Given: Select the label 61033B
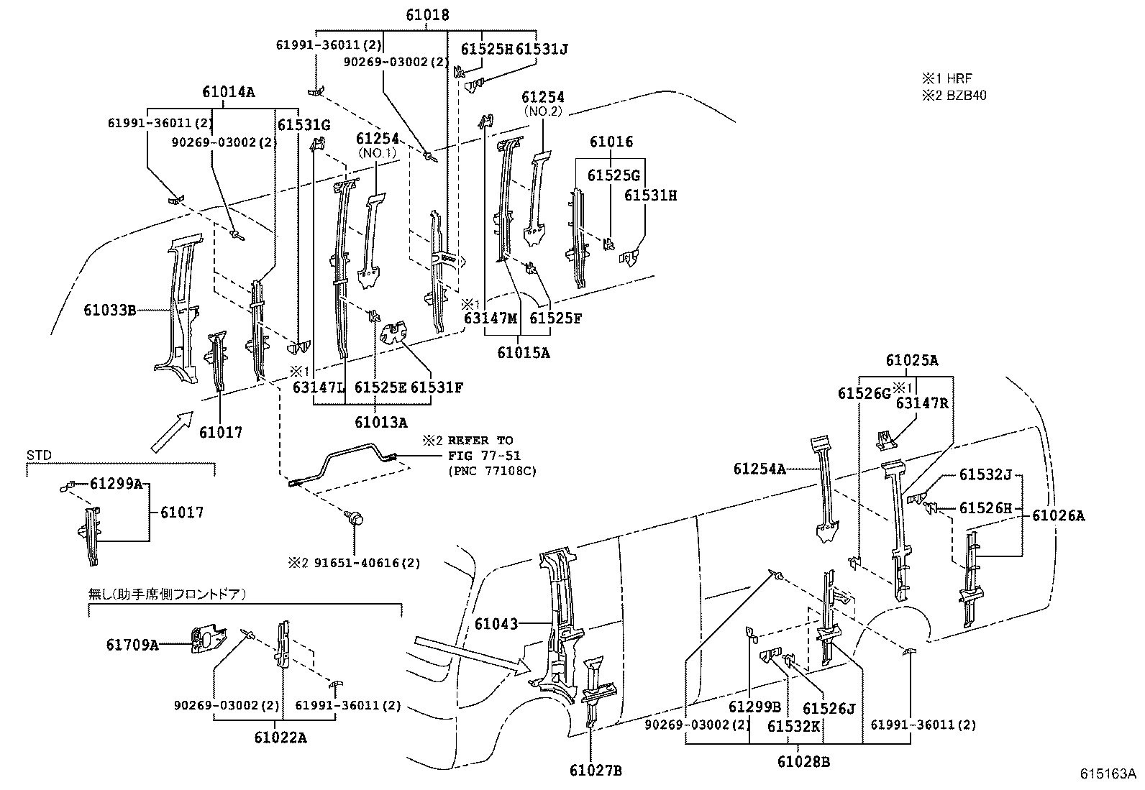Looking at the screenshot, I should (109, 311).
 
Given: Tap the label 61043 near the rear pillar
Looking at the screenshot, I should (496, 624).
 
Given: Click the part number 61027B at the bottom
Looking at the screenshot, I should (595, 771).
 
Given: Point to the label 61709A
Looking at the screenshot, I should (132, 645).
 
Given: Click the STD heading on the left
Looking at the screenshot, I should (36, 455).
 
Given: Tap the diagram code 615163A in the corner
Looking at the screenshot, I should (1107, 774).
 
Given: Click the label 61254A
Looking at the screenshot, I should (759, 469).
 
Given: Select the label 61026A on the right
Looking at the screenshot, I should (1058, 515).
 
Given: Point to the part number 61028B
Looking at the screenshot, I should (803, 761).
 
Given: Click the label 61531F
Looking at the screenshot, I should (437, 388).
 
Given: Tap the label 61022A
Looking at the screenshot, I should (280, 738).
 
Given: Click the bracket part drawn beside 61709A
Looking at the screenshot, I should (207, 640).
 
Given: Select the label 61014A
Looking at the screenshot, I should (229, 92).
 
